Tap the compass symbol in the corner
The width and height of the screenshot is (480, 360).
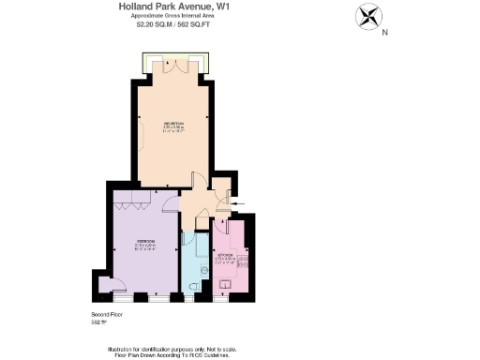coord(367,17)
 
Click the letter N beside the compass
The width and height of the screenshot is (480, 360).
coord(385,33)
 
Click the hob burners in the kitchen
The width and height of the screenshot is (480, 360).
coord(243,262)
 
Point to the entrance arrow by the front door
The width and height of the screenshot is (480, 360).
coord(235,202)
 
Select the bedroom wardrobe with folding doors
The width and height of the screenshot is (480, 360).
coord(130,199)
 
